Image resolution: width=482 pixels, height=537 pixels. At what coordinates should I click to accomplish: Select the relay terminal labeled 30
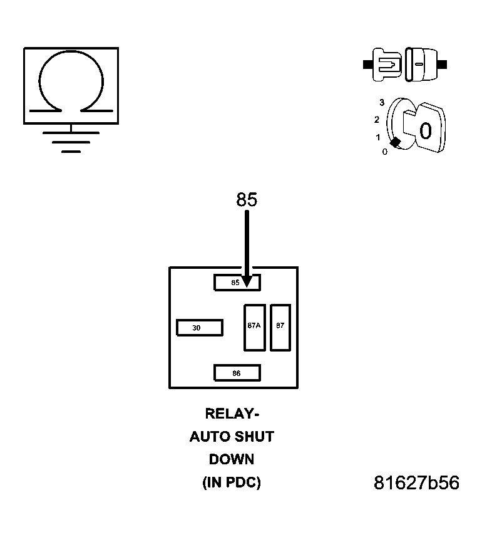(x=200, y=328)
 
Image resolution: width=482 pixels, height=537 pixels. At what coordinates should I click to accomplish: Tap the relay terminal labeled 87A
(x=255, y=327)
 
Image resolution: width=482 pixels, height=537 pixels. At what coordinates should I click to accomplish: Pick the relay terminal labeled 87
(x=280, y=327)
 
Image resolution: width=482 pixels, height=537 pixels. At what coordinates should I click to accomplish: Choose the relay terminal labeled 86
(x=237, y=373)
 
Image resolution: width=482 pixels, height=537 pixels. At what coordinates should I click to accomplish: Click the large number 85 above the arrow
(x=247, y=199)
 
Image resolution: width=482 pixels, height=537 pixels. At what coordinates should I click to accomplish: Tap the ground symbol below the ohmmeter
(x=71, y=142)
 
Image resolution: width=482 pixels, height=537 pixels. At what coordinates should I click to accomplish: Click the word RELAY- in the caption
(x=232, y=414)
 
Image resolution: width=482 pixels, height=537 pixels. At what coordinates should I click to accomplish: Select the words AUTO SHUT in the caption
(x=232, y=437)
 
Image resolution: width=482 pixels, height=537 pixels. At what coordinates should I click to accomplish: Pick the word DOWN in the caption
(x=232, y=459)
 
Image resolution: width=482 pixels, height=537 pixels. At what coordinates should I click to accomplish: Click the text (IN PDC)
(x=232, y=482)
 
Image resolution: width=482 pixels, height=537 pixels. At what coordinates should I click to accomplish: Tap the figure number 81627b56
(x=416, y=483)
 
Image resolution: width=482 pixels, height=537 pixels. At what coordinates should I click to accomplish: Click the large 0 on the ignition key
(x=426, y=131)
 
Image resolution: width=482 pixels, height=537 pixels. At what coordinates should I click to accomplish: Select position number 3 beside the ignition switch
(x=381, y=102)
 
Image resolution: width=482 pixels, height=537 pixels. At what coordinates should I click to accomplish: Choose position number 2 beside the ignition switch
(x=377, y=119)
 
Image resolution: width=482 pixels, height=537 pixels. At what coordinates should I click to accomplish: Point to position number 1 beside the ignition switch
(x=377, y=137)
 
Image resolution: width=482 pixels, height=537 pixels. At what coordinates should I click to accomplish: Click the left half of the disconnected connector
(x=386, y=64)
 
